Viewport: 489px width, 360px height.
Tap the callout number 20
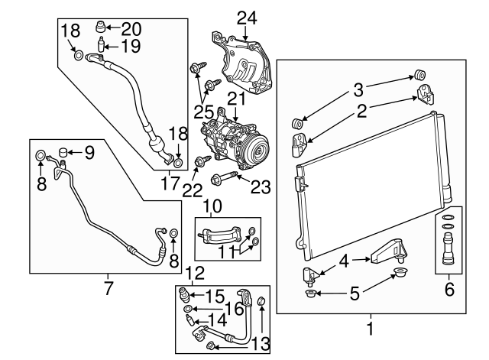[132, 30]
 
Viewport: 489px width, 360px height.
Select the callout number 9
[89, 152]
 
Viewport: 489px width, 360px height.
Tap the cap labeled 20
[99, 29]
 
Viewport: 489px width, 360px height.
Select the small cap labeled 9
[65, 151]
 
